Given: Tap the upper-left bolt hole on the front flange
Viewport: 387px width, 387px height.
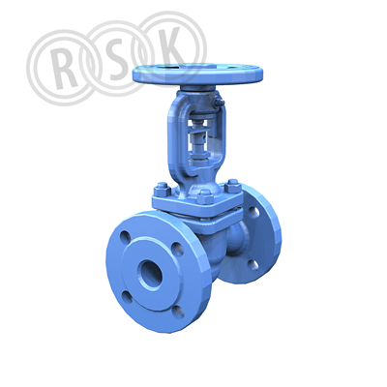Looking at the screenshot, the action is pos(125,237).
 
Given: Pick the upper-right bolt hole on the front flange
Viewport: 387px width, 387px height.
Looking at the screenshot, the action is pos(177,249).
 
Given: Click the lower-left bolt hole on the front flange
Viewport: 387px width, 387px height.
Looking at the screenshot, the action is pos(127,297).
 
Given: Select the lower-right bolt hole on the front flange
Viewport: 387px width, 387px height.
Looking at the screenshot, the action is pos(178,312).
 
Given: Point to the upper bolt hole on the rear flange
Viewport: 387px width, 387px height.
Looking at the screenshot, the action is pos(253,212).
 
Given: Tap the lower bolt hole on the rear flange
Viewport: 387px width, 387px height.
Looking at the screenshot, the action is pos(253,264).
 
